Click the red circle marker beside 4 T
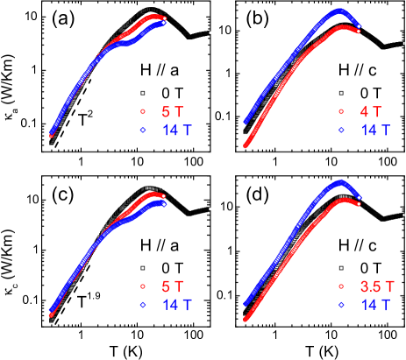pyautogui.click(x=341, y=112)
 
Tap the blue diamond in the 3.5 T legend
pyautogui.click(x=341, y=304)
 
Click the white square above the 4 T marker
pyautogui.click(x=341, y=94)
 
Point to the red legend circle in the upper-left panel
pyautogui.click(x=142, y=112)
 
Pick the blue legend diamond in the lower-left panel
pyautogui.click(x=142, y=304)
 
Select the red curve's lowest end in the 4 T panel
pyautogui.click(x=245, y=145)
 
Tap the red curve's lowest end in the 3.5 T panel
pyautogui.click(x=245, y=319)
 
